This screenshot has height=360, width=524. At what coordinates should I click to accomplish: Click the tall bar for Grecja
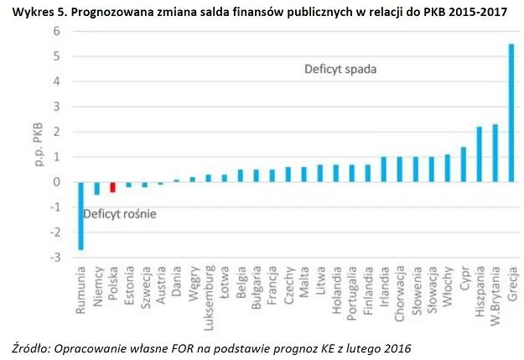click(x=511, y=112)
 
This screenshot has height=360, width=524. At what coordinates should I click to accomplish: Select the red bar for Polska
click(x=113, y=187)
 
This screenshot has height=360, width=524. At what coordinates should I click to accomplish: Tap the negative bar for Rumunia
click(x=81, y=216)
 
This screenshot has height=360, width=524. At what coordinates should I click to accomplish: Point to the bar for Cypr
click(x=464, y=164)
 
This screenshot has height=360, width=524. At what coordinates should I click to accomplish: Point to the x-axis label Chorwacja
click(x=400, y=292)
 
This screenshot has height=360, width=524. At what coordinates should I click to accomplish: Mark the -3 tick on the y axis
click(x=56, y=258)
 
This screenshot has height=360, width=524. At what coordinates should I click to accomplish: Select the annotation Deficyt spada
click(x=339, y=69)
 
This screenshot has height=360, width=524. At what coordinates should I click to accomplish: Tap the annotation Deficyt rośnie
click(x=120, y=214)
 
